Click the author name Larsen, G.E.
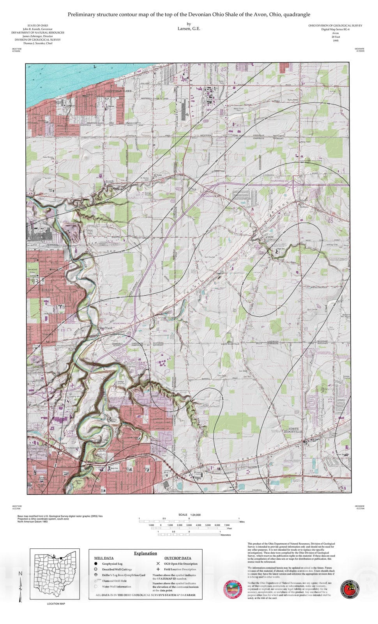[x=189, y=28]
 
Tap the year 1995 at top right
[x=336, y=41]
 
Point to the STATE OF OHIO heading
[x=38, y=26]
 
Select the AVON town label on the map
[x=270, y=237]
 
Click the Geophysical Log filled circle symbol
[x=96, y=564]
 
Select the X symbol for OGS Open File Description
[x=158, y=564]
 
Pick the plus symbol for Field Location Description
[x=158, y=569]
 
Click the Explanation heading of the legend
[x=145, y=553]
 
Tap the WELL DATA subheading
[x=104, y=558]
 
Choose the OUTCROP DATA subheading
[x=178, y=558]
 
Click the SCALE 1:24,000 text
[x=189, y=515]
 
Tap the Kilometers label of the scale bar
[x=225, y=535]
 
